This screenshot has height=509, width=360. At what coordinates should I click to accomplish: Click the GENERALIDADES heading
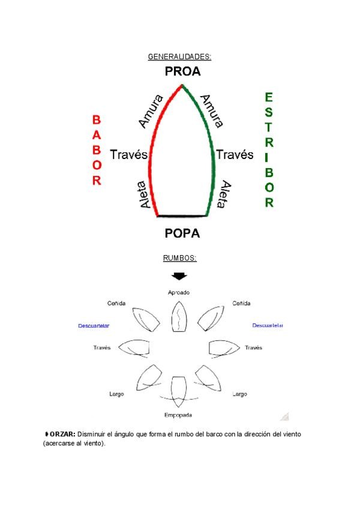(x=179, y=57)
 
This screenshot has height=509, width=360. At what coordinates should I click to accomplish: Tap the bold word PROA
(x=182, y=72)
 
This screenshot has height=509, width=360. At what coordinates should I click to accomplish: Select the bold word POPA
(x=182, y=233)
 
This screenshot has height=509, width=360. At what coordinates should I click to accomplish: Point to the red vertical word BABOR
(x=97, y=150)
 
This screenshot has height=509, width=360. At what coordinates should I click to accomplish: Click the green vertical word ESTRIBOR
(x=269, y=149)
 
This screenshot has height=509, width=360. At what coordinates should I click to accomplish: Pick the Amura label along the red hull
(x=150, y=110)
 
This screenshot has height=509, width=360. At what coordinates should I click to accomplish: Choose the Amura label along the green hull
(x=212, y=110)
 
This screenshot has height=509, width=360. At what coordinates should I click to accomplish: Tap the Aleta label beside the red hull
(x=145, y=195)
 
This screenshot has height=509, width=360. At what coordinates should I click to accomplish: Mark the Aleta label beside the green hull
(x=224, y=195)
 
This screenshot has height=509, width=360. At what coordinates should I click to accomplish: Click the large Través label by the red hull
(x=128, y=155)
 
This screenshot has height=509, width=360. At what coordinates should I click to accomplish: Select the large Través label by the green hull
(x=235, y=155)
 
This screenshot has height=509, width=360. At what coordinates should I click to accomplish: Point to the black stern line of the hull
(x=182, y=215)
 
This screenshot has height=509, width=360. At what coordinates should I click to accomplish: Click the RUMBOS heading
(x=179, y=258)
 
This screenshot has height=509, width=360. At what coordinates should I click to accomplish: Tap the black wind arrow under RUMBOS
(x=179, y=276)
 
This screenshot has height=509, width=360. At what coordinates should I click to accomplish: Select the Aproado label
(x=179, y=292)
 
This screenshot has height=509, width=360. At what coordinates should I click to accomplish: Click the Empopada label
(x=179, y=415)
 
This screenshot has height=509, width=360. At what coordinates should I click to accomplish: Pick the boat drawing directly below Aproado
(x=179, y=316)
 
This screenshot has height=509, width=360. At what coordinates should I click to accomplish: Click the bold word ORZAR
(x=62, y=433)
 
